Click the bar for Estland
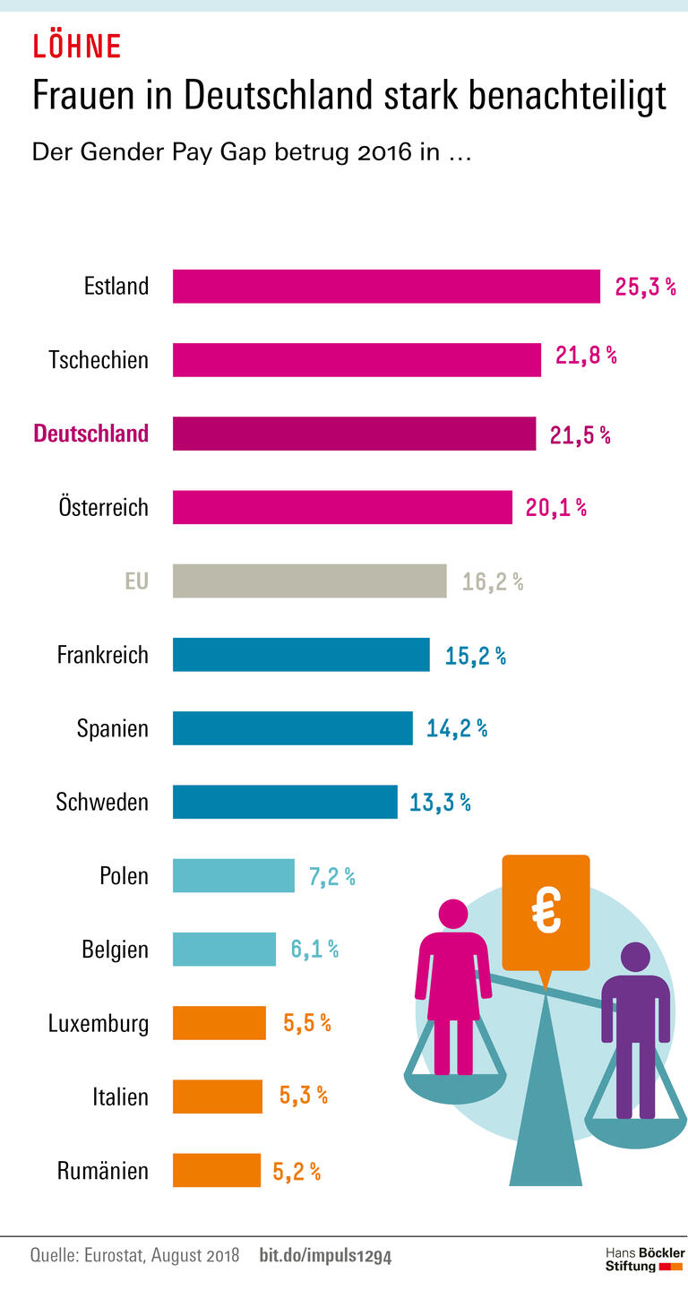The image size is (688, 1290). pos(386,287)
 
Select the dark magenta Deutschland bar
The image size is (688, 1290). pos(354,434)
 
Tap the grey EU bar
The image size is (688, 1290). pos(309,580)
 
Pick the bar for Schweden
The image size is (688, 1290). pos(285,802)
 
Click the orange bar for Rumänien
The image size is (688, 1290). pos(217,1170)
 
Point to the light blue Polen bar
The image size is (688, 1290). pos(233,875)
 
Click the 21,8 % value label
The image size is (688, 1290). pos(586,356)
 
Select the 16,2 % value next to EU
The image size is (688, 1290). pos(492,582)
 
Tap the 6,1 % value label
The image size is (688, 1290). pos(314,950)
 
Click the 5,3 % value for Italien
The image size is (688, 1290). pos(303,1096)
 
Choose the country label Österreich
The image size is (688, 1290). pos(99,508)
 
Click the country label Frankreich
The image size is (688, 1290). pos(102,655)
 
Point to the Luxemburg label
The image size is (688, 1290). pos(99,1023)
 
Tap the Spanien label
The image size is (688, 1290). pos(112,728)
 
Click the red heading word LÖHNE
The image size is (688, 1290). pos(76,46)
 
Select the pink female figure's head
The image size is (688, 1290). pos(451,915)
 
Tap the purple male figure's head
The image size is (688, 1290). pos(635,958)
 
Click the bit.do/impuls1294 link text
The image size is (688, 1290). pos(325,1255)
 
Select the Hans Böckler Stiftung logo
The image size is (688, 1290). pos(644,1259)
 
